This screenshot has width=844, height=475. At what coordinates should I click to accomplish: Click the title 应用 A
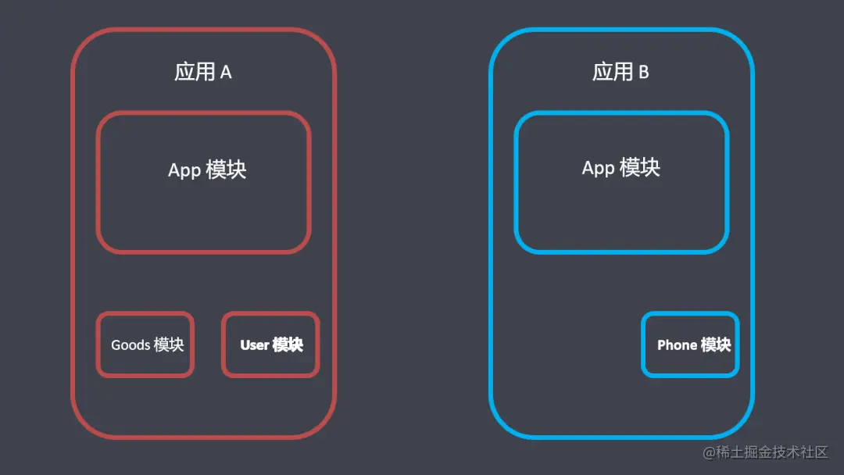203,72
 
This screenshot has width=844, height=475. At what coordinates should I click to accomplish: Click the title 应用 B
621,72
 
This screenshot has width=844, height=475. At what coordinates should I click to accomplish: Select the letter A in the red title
226,73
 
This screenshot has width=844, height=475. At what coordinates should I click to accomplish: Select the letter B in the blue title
644,73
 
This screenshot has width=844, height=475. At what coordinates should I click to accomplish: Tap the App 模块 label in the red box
207,170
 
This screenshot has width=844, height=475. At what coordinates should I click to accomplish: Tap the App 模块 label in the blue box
621,167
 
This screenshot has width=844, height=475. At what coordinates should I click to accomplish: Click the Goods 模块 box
146,345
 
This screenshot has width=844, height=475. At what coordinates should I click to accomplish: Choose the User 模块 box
271,345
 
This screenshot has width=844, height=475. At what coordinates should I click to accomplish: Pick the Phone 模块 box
691,345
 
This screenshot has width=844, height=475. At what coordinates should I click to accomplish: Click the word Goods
131,345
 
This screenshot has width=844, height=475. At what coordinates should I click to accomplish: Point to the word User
254,345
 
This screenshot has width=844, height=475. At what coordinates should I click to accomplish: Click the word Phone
677,345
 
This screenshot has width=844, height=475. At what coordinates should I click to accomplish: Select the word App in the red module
184,170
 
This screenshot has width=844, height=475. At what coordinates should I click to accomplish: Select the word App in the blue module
599,168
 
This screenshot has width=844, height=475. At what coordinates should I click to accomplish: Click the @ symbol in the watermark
708,453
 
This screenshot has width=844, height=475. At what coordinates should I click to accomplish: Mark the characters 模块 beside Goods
169,345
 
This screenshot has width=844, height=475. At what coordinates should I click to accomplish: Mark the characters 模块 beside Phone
716,345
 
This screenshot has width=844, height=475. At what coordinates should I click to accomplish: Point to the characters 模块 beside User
288,345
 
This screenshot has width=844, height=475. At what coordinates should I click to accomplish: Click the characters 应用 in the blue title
613,72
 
